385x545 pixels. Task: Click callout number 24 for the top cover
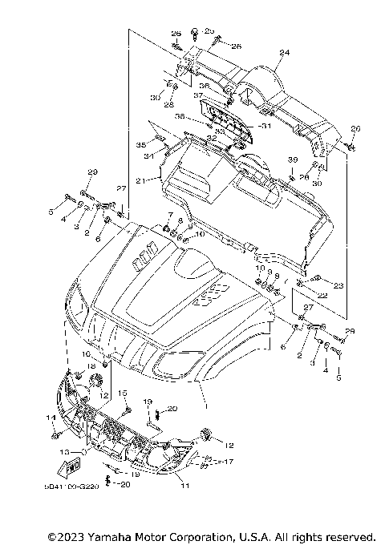pyautogui.click(x=283, y=53)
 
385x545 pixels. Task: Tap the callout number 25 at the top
pyautogui.click(x=210, y=30)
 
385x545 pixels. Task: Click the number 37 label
pyautogui.click(x=197, y=95)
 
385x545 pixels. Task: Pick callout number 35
pyautogui.click(x=140, y=145)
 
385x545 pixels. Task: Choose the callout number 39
pyautogui.click(x=293, y=160)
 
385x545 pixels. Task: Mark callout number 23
pyautogui.click(x=338, y=285)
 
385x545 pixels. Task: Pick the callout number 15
pyautogui.click(x=124, y=392)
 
